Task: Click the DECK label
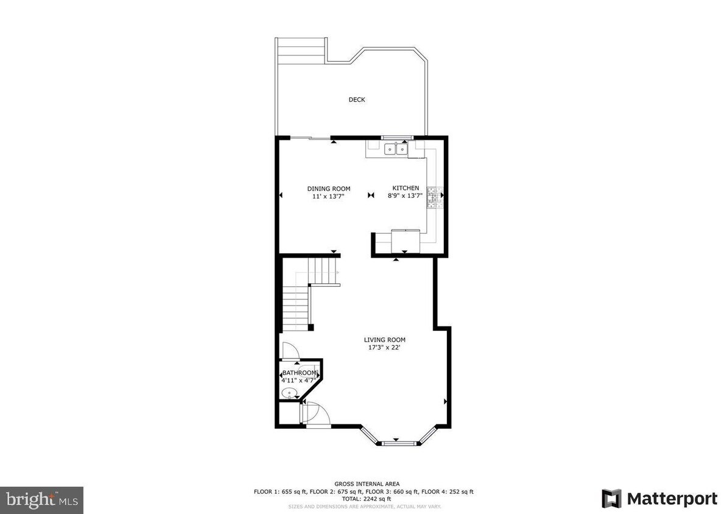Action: tap(357, 100)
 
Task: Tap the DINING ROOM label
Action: tap(328, 189)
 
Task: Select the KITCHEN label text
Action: tap(406, 188)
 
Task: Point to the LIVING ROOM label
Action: tap(384, 340)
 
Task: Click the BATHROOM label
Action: tap(299, 373)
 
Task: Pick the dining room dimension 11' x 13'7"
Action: tap(328, 196)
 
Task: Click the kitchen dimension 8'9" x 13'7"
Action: tap(406, 196)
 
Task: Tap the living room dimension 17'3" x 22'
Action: tap(384, 348)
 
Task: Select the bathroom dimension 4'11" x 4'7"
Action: tap(298, 380)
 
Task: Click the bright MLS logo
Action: tap(41, 500)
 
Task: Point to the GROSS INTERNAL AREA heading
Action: tap(363, 484)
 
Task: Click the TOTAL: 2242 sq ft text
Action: tap(363, 498)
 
